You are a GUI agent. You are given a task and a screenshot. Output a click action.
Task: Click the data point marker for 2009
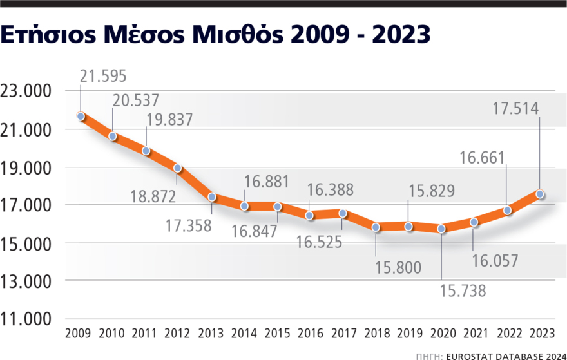point(81,117)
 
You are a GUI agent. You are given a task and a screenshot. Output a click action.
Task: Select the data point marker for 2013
point(212,196)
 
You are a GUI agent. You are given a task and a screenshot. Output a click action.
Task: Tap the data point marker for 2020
point(441,229)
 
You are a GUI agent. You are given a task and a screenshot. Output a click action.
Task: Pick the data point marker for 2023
point(540,194)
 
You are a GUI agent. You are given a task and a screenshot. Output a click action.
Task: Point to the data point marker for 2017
point(343,213)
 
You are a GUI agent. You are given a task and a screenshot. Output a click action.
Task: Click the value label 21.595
point(104,75)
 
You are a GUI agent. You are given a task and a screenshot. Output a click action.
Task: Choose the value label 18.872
point(152,196)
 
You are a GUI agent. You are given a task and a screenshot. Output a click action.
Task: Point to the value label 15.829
point(431,191)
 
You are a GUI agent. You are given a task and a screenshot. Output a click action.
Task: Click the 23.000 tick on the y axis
point(26,91)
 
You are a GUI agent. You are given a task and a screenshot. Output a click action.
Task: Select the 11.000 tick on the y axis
point(26,319)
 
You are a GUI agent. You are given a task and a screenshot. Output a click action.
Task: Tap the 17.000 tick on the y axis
point(26,205)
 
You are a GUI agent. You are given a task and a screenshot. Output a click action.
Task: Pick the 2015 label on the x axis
point(277,334)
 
